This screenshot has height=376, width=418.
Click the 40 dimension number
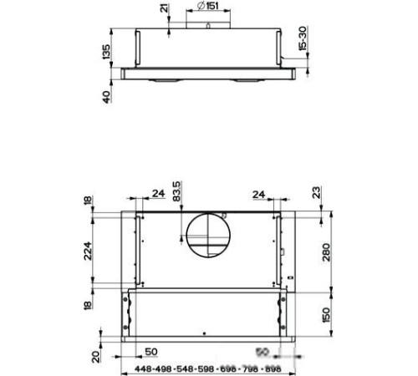tap(107, 97)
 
